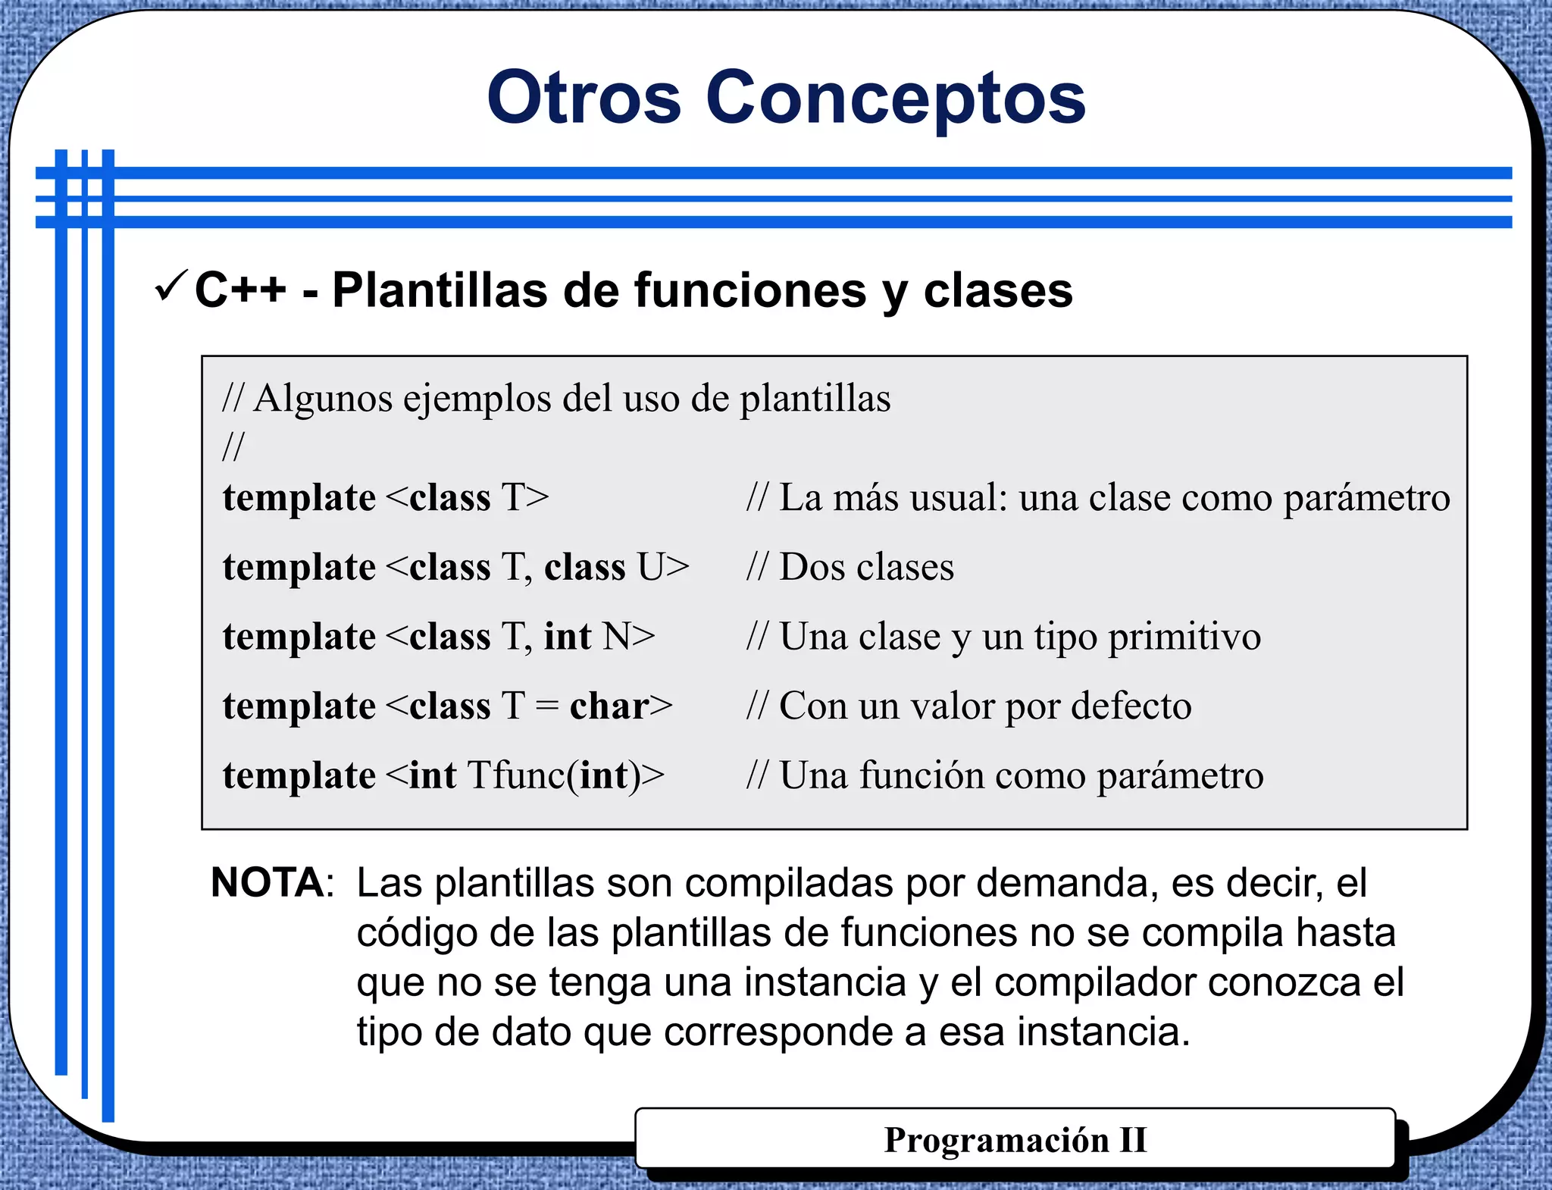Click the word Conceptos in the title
[x=896, y=99]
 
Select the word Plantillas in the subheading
[x=440, y=290]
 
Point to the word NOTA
[x=268, y=882]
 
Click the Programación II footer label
[x=1015, y=1140]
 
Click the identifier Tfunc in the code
[x=517, y=775]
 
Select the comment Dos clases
[x=866, y=567]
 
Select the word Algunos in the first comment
[x=322, y=399]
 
